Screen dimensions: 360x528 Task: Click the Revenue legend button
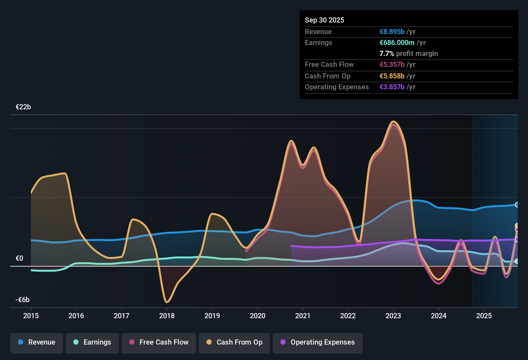click(x=37, y=342)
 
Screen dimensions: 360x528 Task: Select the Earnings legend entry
click(x=92, y=342)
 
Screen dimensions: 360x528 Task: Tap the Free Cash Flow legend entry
click(x=159, y=342)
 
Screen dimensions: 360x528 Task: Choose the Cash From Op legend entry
click(x=234, y=342)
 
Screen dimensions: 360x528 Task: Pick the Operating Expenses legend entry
click(x=318, y=342)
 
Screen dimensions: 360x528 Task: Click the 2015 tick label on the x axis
click(x=31, y=316)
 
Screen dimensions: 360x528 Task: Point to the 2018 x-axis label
click(x=167, y=316)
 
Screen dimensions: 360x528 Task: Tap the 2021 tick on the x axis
click(x=303, y=316)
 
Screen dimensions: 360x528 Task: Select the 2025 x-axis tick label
click(x=484, y=316)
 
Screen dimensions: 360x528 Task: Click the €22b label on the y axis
click(x=23, y=107)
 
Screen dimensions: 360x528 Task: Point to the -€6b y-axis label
click(x=23, y=300)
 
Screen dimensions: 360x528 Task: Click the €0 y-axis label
click(x=19, y=258)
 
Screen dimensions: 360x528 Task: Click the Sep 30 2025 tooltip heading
click(x=324, y=20)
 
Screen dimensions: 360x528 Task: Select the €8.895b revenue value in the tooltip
click(x=392, y=32)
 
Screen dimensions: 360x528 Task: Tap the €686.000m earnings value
click(x=397, y=42)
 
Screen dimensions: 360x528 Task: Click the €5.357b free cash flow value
click(x=392, y=64)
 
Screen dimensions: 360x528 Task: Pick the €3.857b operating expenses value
click(x=392, y=87)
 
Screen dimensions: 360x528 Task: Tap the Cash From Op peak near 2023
click(x=393, y=122)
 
